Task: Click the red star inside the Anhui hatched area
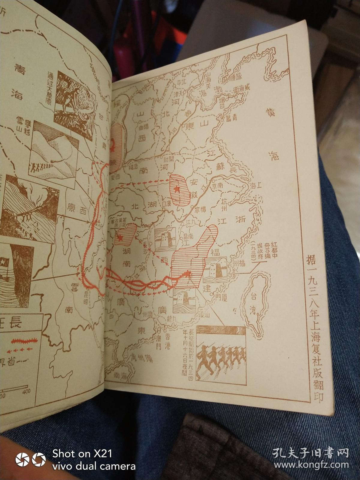177,189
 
